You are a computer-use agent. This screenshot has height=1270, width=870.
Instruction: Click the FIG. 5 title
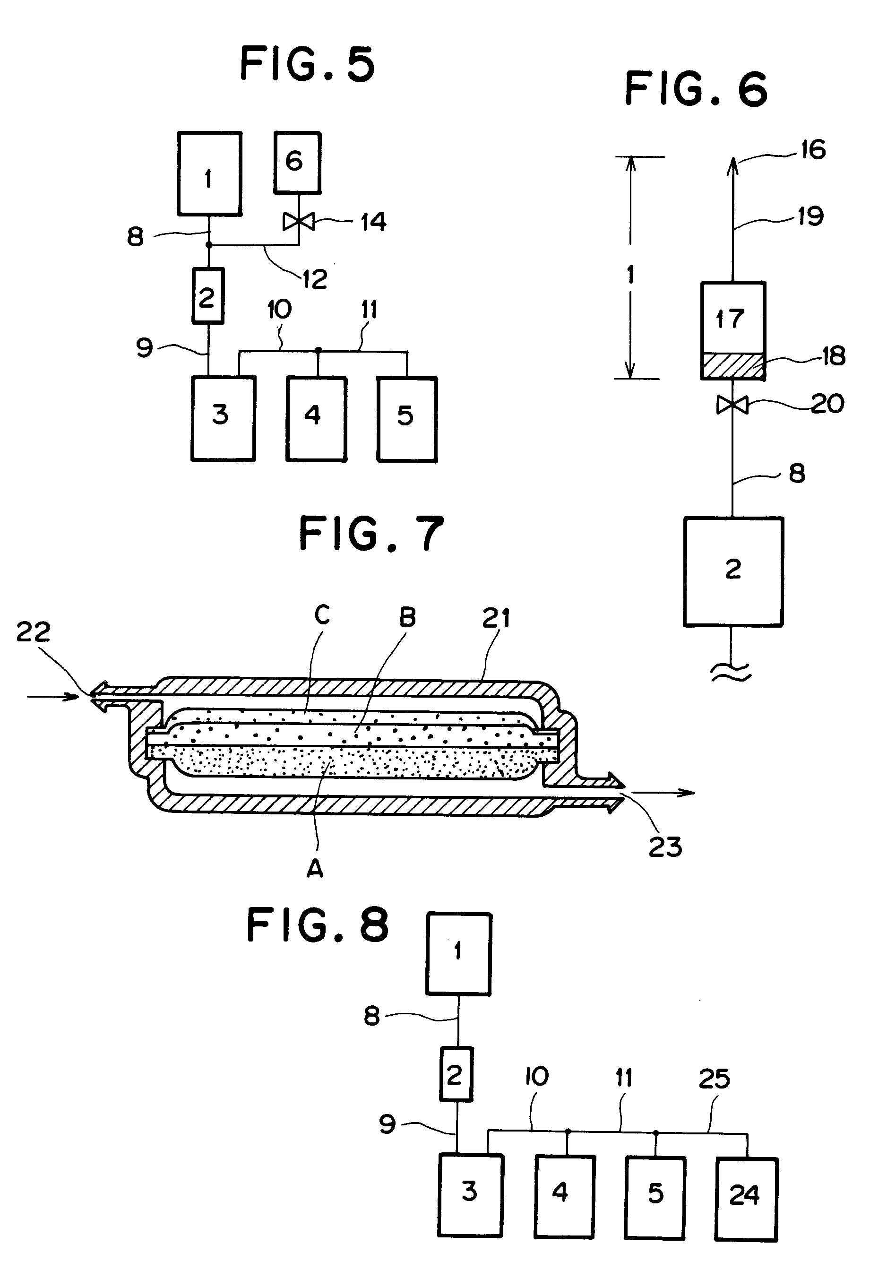pos(308,64)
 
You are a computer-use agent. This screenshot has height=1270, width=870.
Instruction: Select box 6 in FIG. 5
pos(297,162)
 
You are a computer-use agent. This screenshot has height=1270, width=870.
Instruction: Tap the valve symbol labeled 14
pos(298,222)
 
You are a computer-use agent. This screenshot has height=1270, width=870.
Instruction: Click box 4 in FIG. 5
pos(316,419)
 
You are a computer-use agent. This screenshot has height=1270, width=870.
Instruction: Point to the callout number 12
pos(315,279)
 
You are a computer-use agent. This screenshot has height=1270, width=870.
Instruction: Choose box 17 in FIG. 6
pos(732,318)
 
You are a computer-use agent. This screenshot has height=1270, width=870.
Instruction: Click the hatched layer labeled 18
pos(732,366)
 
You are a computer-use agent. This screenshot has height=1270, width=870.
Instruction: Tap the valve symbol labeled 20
pos(732,405)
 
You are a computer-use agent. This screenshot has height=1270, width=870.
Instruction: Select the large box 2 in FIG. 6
pos(733,571)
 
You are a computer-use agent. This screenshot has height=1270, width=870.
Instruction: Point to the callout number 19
pos(810,216)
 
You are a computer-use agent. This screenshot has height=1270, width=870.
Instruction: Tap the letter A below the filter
pos(315,867)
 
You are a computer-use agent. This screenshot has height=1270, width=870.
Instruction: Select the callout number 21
pos(496,618)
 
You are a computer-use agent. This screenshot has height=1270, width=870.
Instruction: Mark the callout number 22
pos(34,632)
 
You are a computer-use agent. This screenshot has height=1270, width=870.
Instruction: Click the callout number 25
pos(714,1079)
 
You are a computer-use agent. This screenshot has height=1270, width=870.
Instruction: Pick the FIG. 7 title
pos(371,534)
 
